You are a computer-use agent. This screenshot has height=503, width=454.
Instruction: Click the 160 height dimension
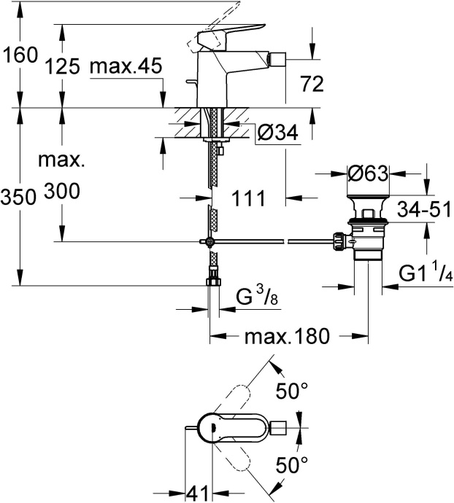pos(20,55)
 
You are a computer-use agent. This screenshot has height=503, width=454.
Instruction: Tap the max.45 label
pos(125,67)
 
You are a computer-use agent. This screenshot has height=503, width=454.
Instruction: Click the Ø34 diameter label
pos(277,133)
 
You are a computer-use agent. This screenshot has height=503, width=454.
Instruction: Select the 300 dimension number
pos(62,192)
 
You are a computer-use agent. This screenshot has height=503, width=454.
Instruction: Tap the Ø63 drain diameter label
pos(366,174)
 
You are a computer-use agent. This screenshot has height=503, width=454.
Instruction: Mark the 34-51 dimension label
pos(423,210)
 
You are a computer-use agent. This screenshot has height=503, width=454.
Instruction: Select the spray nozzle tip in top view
pos(284,426)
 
